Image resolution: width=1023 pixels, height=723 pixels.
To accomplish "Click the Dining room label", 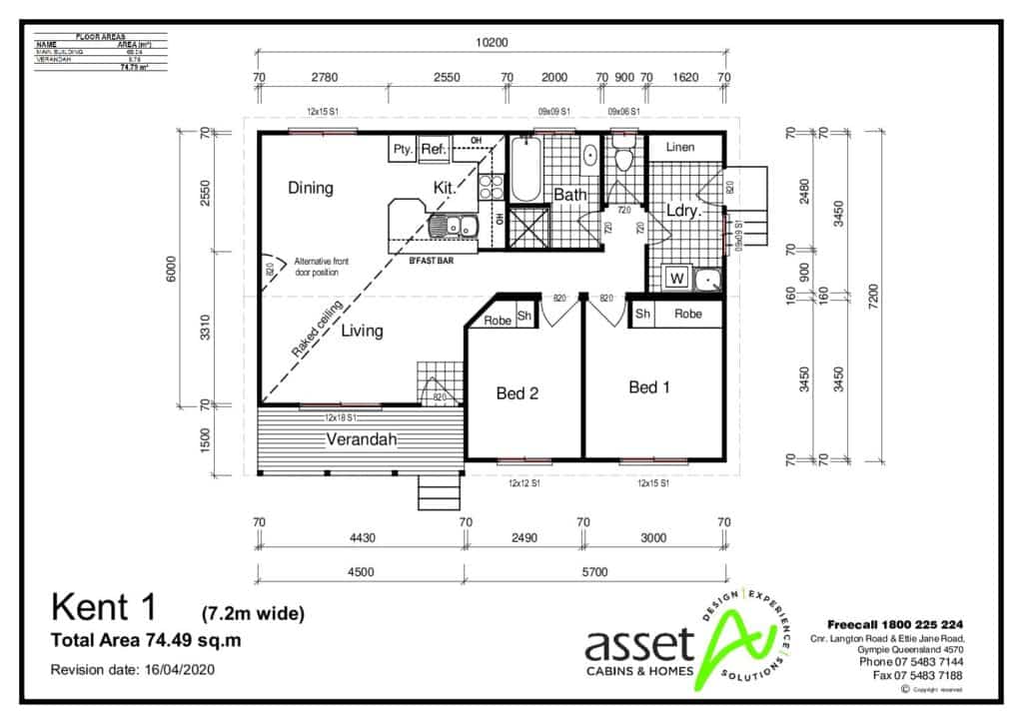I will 311,188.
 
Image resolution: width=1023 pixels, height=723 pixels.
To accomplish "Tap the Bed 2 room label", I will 517,393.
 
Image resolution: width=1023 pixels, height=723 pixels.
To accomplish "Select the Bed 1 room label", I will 649,387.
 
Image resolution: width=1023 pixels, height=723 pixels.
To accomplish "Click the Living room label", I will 362,331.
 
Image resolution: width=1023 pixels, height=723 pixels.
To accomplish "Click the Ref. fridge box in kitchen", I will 433,150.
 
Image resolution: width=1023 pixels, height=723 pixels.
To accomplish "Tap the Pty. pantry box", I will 403,150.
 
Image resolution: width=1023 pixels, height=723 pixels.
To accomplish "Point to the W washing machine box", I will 675,279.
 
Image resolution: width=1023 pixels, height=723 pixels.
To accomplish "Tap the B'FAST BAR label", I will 432,261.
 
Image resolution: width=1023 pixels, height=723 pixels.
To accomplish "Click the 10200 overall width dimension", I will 491,42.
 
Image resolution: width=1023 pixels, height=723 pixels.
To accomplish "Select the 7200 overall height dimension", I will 872,295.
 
